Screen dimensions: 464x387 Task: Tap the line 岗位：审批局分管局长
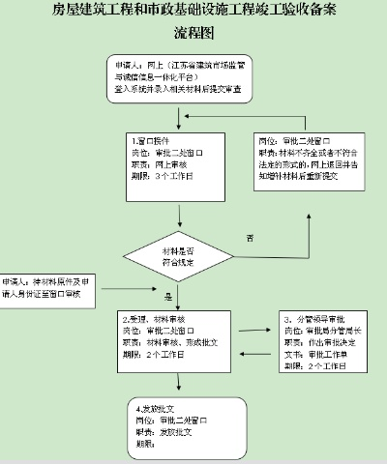click(325, 330)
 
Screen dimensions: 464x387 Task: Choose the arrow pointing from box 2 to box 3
click(256, 330)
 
